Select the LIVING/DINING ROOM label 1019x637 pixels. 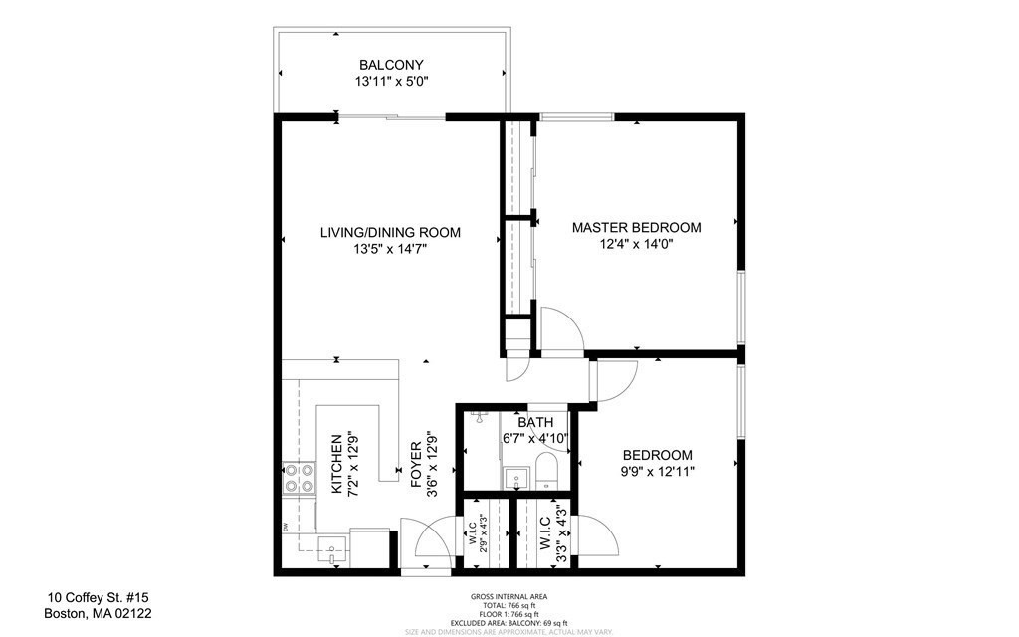390,232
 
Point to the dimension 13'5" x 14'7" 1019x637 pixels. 390,250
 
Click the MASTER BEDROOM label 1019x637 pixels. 636,227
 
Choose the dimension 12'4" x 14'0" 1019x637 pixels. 636,244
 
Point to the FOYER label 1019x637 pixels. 417,465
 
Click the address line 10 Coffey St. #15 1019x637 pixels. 98,598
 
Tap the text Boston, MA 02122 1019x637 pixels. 98,614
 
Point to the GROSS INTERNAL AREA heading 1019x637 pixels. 509,596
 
